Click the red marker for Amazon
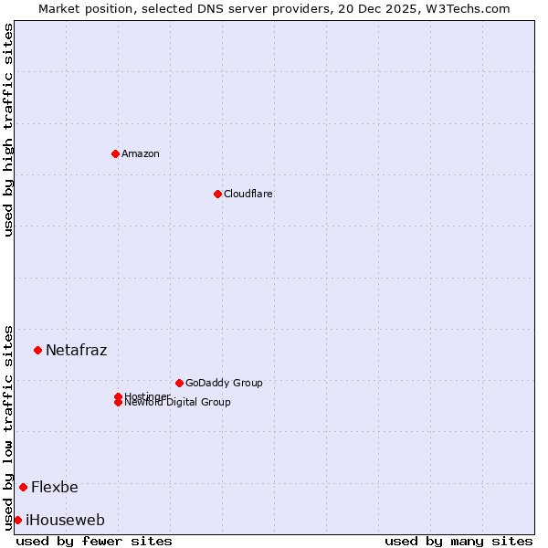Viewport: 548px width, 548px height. click(x=115, y=153)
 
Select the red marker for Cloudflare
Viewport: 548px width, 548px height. click(x=217, y=194)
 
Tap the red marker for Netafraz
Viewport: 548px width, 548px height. click(x=37, y=350)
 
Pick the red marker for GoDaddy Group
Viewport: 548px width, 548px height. click(x=179, y=383)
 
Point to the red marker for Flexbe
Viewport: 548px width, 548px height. click(x=23, y=487)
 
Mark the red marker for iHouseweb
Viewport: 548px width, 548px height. click(x=17, y=520)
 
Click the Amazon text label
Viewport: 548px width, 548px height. click(x=141, y=153)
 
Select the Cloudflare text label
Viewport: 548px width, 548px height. click(x=248, y=194)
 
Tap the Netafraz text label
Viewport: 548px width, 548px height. click(x=77, y=350)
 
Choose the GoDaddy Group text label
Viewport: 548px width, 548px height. click(x=224, y=383)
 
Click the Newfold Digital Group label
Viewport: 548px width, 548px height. click(x=178, y=403)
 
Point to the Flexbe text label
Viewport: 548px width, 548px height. click(x=55, y=487)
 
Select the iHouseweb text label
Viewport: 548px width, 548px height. click(x=66, y=520)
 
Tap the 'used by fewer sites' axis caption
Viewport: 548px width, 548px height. click(x=94, y=541)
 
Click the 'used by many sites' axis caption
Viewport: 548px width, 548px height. click(x=458, y=541)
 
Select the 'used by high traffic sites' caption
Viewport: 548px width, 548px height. click(x=8, y=130)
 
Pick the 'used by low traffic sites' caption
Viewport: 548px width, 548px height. click(x=8, y=427)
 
